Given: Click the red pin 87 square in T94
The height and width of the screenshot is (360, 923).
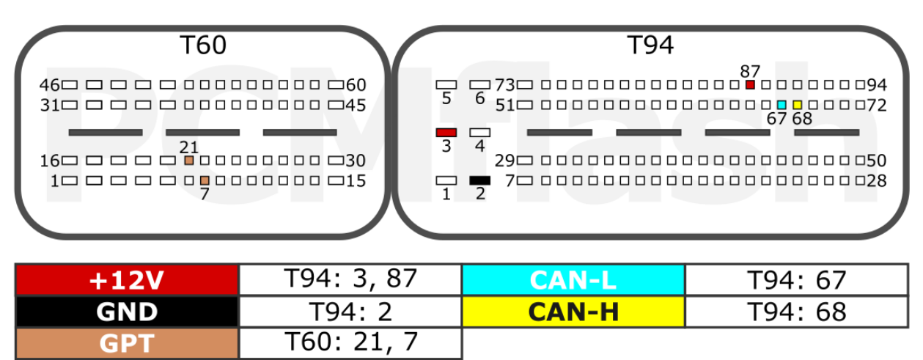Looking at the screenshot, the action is [x=750, y=85].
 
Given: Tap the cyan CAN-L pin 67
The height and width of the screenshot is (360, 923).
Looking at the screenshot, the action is [x=782, y=105].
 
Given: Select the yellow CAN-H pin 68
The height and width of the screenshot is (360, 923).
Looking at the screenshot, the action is [x=798, y=105].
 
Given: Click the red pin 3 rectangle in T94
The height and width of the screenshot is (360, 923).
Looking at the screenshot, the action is [x=446, y=133].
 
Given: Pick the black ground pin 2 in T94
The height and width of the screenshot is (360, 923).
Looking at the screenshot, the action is [x=480, y=180].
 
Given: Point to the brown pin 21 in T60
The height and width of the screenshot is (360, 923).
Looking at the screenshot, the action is [x=188, y=161].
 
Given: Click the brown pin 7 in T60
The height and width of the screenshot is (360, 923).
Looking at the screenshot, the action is [x=205, y=180].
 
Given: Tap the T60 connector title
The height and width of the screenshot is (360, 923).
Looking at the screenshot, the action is [x=203, y=45].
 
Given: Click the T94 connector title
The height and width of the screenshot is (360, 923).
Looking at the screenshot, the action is [x=650, y=45].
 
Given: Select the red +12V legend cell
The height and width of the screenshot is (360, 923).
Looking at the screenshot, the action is [x=127, y=280].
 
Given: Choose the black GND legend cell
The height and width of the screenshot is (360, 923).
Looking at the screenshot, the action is [x=127, y=312].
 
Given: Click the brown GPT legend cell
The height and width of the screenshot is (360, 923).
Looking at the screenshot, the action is [x=127, y=344].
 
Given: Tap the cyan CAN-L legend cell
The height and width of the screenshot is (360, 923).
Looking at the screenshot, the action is [x=573, y=280].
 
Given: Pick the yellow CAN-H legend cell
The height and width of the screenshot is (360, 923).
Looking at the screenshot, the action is [x=573, y=312].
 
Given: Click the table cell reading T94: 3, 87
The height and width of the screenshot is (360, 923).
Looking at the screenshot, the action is [x=350, y=280].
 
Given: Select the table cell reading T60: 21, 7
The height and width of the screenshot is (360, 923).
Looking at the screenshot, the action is [x=350, y=344].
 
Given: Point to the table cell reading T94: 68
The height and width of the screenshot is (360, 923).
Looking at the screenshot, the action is [x=796, y=312].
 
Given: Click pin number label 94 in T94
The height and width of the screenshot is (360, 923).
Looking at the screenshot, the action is [x=877, y=85].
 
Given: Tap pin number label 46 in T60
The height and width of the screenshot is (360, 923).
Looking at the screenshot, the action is [x=49, y=85].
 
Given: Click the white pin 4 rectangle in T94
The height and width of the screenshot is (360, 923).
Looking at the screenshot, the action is [x=480, y=133].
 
